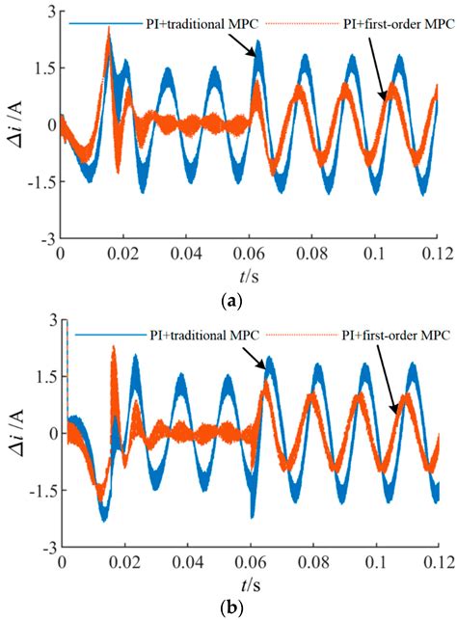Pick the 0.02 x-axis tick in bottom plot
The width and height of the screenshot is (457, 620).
point(123,562)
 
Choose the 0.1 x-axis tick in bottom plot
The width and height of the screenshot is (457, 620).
point(376,562)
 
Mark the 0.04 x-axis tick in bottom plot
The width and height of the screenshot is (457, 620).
point(186,562)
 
